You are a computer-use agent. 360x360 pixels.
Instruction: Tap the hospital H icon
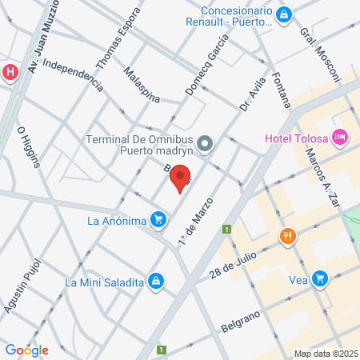pyautogui.click(x=10, y=72)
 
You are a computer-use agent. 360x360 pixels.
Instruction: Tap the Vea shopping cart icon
pyautogui.click(x=320, y=278)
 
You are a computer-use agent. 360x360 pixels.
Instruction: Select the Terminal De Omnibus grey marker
pyautogui.click(x=206, y=144)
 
